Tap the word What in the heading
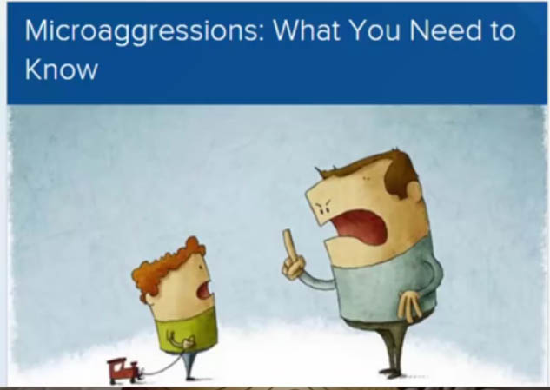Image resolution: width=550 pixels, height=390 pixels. point(307,30)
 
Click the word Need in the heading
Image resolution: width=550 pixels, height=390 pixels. point(446,30)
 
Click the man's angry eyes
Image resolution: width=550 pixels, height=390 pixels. point(323,207)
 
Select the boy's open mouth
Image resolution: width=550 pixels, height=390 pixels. point(204,290)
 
